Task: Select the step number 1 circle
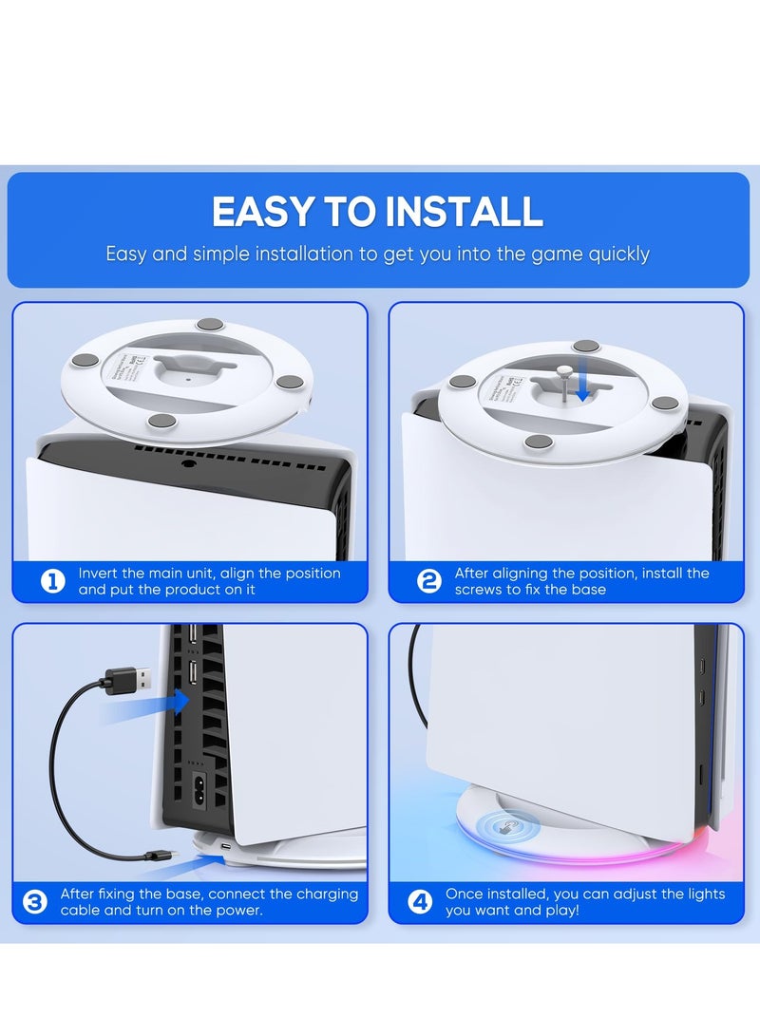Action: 53,582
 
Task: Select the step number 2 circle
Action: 429,582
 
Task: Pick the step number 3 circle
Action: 35,902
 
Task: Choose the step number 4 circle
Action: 420,902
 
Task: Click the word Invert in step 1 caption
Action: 99,574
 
